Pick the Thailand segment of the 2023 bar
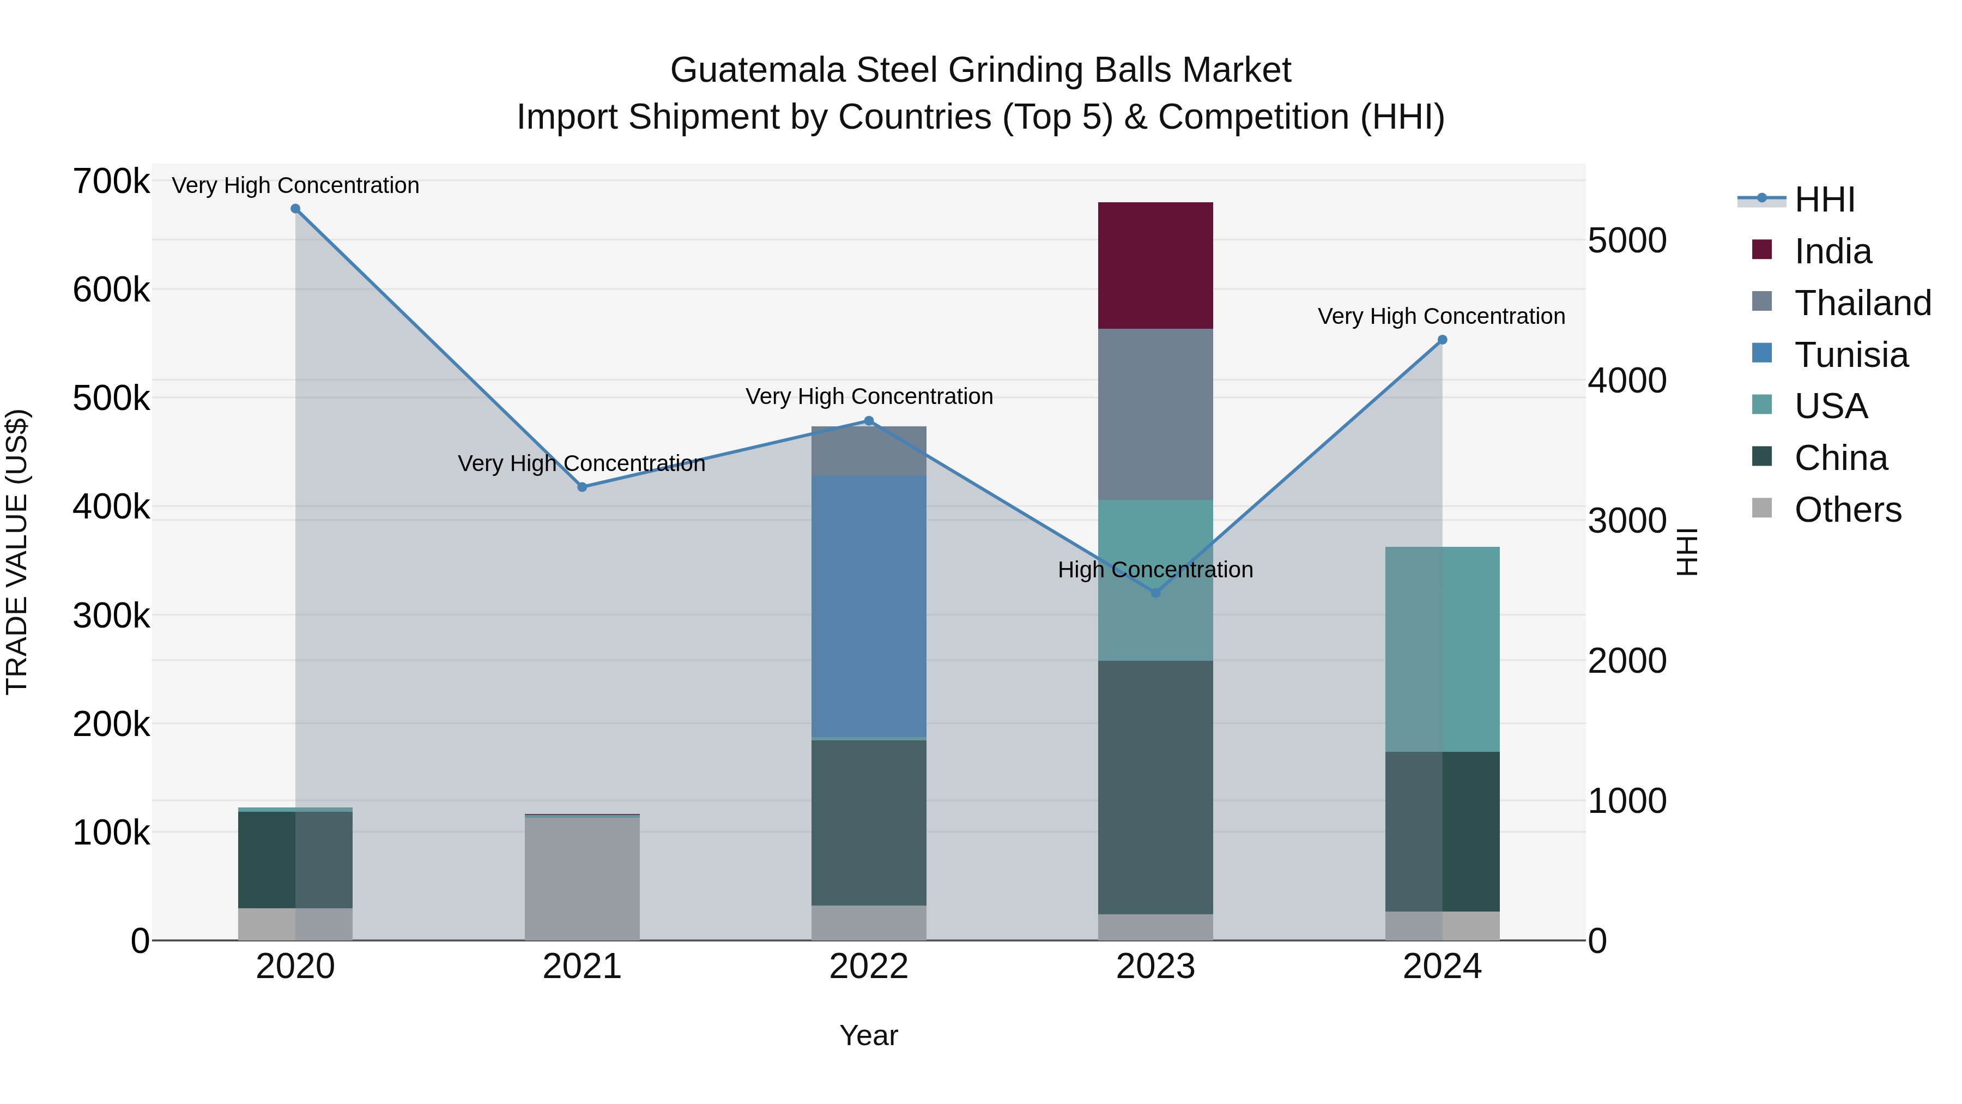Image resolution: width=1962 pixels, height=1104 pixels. click(x=1155, y=414)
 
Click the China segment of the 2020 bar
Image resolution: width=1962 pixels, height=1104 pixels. click(x=295, y=859)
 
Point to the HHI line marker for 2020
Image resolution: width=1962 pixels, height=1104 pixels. click(x=295, y=209)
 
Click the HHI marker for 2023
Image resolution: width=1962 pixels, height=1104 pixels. click(x=1155, y=593)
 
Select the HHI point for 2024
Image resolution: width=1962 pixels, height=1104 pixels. click(x=1442, y=340)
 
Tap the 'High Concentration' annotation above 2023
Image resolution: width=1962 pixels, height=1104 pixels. click(x=1155, y=570)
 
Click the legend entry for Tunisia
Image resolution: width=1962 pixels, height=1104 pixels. click(x=1851, y=355)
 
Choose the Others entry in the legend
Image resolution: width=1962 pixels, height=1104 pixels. click(x=1847, y=510)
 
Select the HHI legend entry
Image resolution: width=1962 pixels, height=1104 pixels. click(x=1824, y=200)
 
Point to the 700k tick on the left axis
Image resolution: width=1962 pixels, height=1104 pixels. click(x=111, y=182)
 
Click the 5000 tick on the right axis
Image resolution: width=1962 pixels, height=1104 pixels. click(x=1627, y=241)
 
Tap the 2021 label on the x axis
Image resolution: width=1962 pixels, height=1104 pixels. click(x=582, y=967)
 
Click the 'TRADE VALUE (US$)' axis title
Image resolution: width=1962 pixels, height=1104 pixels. click(x=17, y=552)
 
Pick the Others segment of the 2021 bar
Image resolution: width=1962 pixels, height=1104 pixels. click(x=582, y=878)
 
